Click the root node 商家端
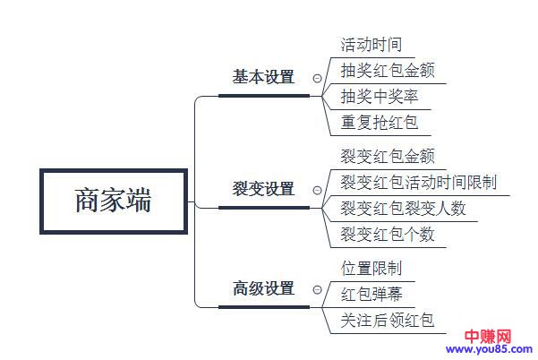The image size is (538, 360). (113, 200)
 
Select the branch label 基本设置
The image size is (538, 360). (263, 77)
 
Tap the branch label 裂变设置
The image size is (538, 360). (263, 189)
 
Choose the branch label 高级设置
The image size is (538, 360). (263, 288)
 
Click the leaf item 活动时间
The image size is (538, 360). (371, 44)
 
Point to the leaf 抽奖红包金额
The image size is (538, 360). (388, 70)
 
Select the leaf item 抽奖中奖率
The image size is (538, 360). (380, 96)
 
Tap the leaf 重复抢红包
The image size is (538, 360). (380, 122)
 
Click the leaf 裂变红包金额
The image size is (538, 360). (388, 157)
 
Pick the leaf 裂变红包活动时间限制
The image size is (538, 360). (419, 183)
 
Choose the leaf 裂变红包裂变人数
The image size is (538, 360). (404, 209)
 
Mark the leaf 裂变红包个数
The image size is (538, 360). (388, 235)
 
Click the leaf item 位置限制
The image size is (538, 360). (371, 268)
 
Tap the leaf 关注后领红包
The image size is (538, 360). (388, 320)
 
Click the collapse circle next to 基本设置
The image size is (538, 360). (317, 79)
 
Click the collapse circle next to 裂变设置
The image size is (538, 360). (317, 191)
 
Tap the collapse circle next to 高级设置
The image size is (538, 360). (317, 290)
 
